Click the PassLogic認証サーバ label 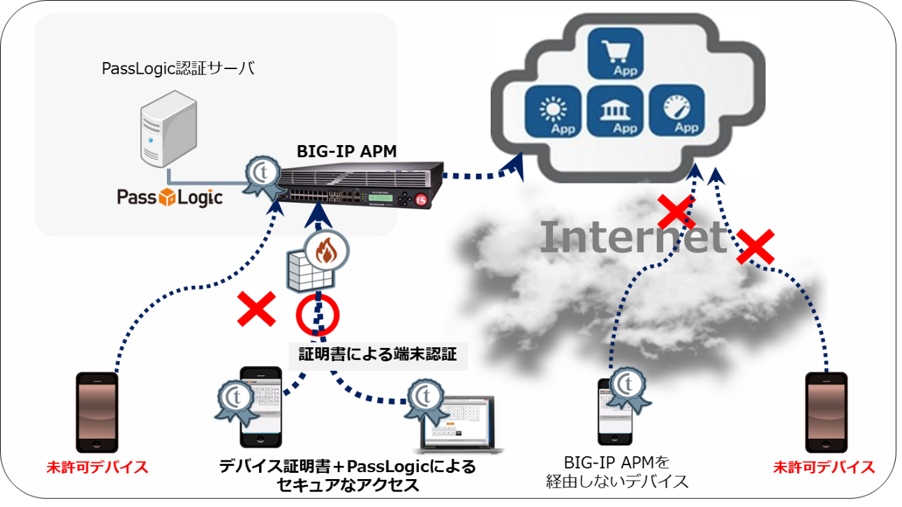click(178, 68)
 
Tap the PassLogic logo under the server click(170, 197)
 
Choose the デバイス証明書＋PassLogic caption click(347, 475)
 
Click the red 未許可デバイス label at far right click(824, 467)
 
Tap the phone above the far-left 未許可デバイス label click(97, 411)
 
